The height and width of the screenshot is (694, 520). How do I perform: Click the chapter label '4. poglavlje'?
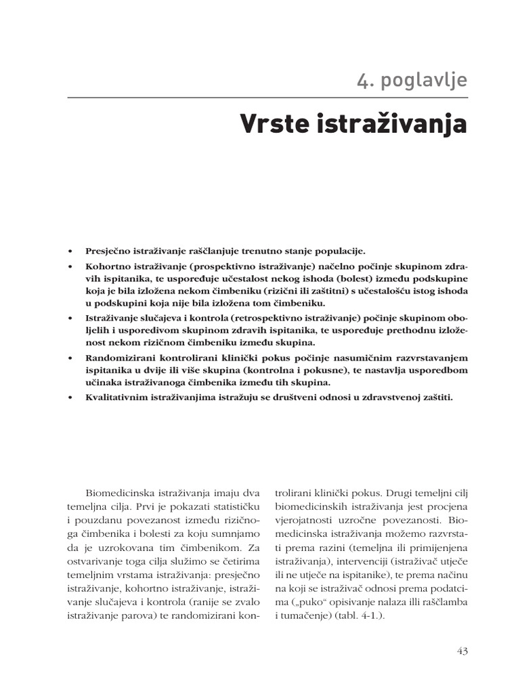tap(412, 80)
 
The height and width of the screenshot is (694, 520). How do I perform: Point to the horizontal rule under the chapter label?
tap(267, 98)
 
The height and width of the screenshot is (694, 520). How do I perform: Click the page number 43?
tap(462, 651)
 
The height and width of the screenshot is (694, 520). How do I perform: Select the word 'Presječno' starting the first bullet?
tap(108, 250)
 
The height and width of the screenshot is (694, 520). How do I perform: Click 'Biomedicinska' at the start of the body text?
tap(119, 490)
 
